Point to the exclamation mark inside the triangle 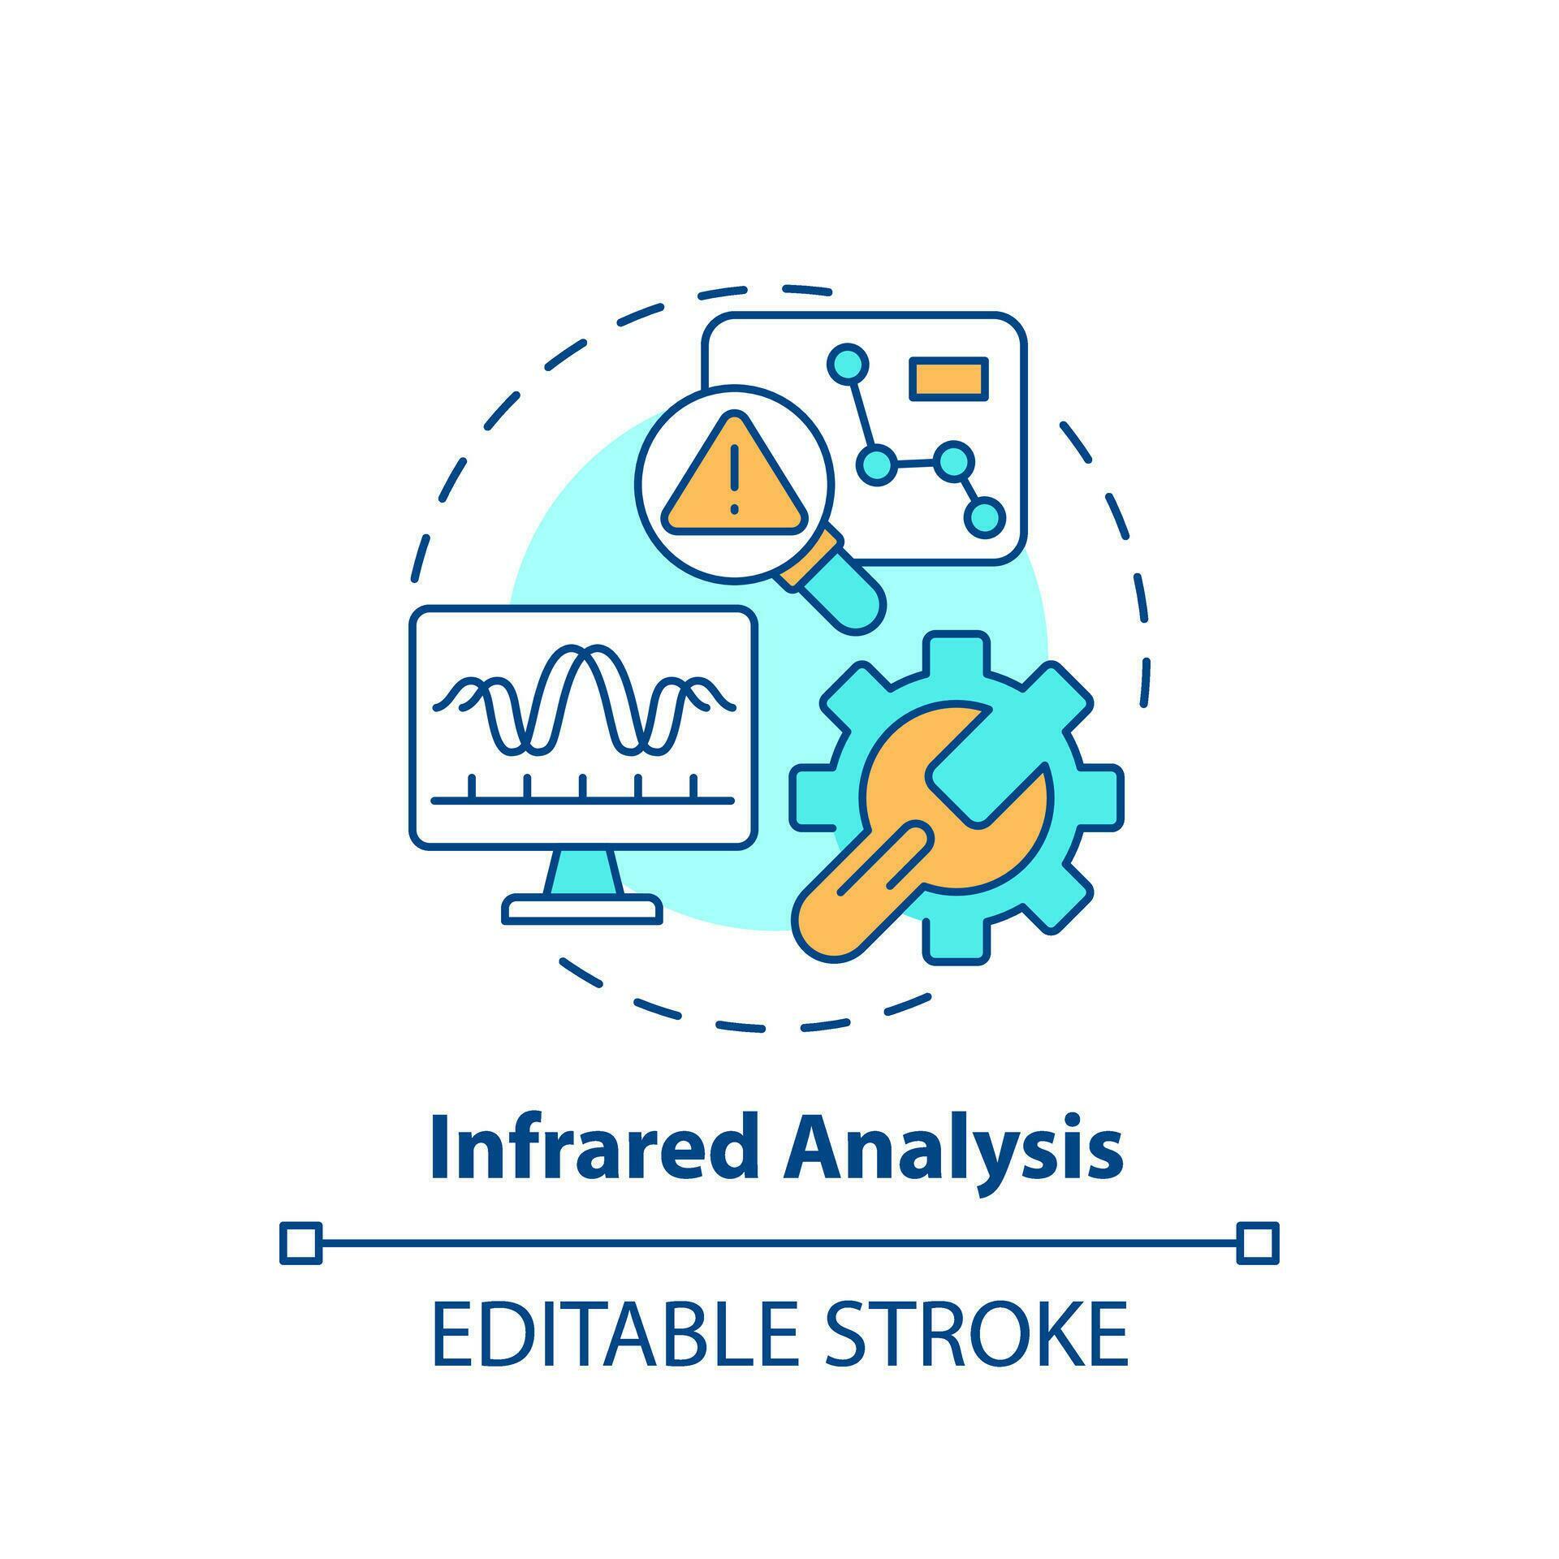[x=734, y=479]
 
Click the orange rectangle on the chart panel [x=948, y=379]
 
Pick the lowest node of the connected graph [x=984, y=517]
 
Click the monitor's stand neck [x=584, y=874]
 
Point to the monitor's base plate [x=582, y=909]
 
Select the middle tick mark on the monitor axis [x=582, y=787]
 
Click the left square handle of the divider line [x=300, y=1243]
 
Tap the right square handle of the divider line [x=1257, y=1243]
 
